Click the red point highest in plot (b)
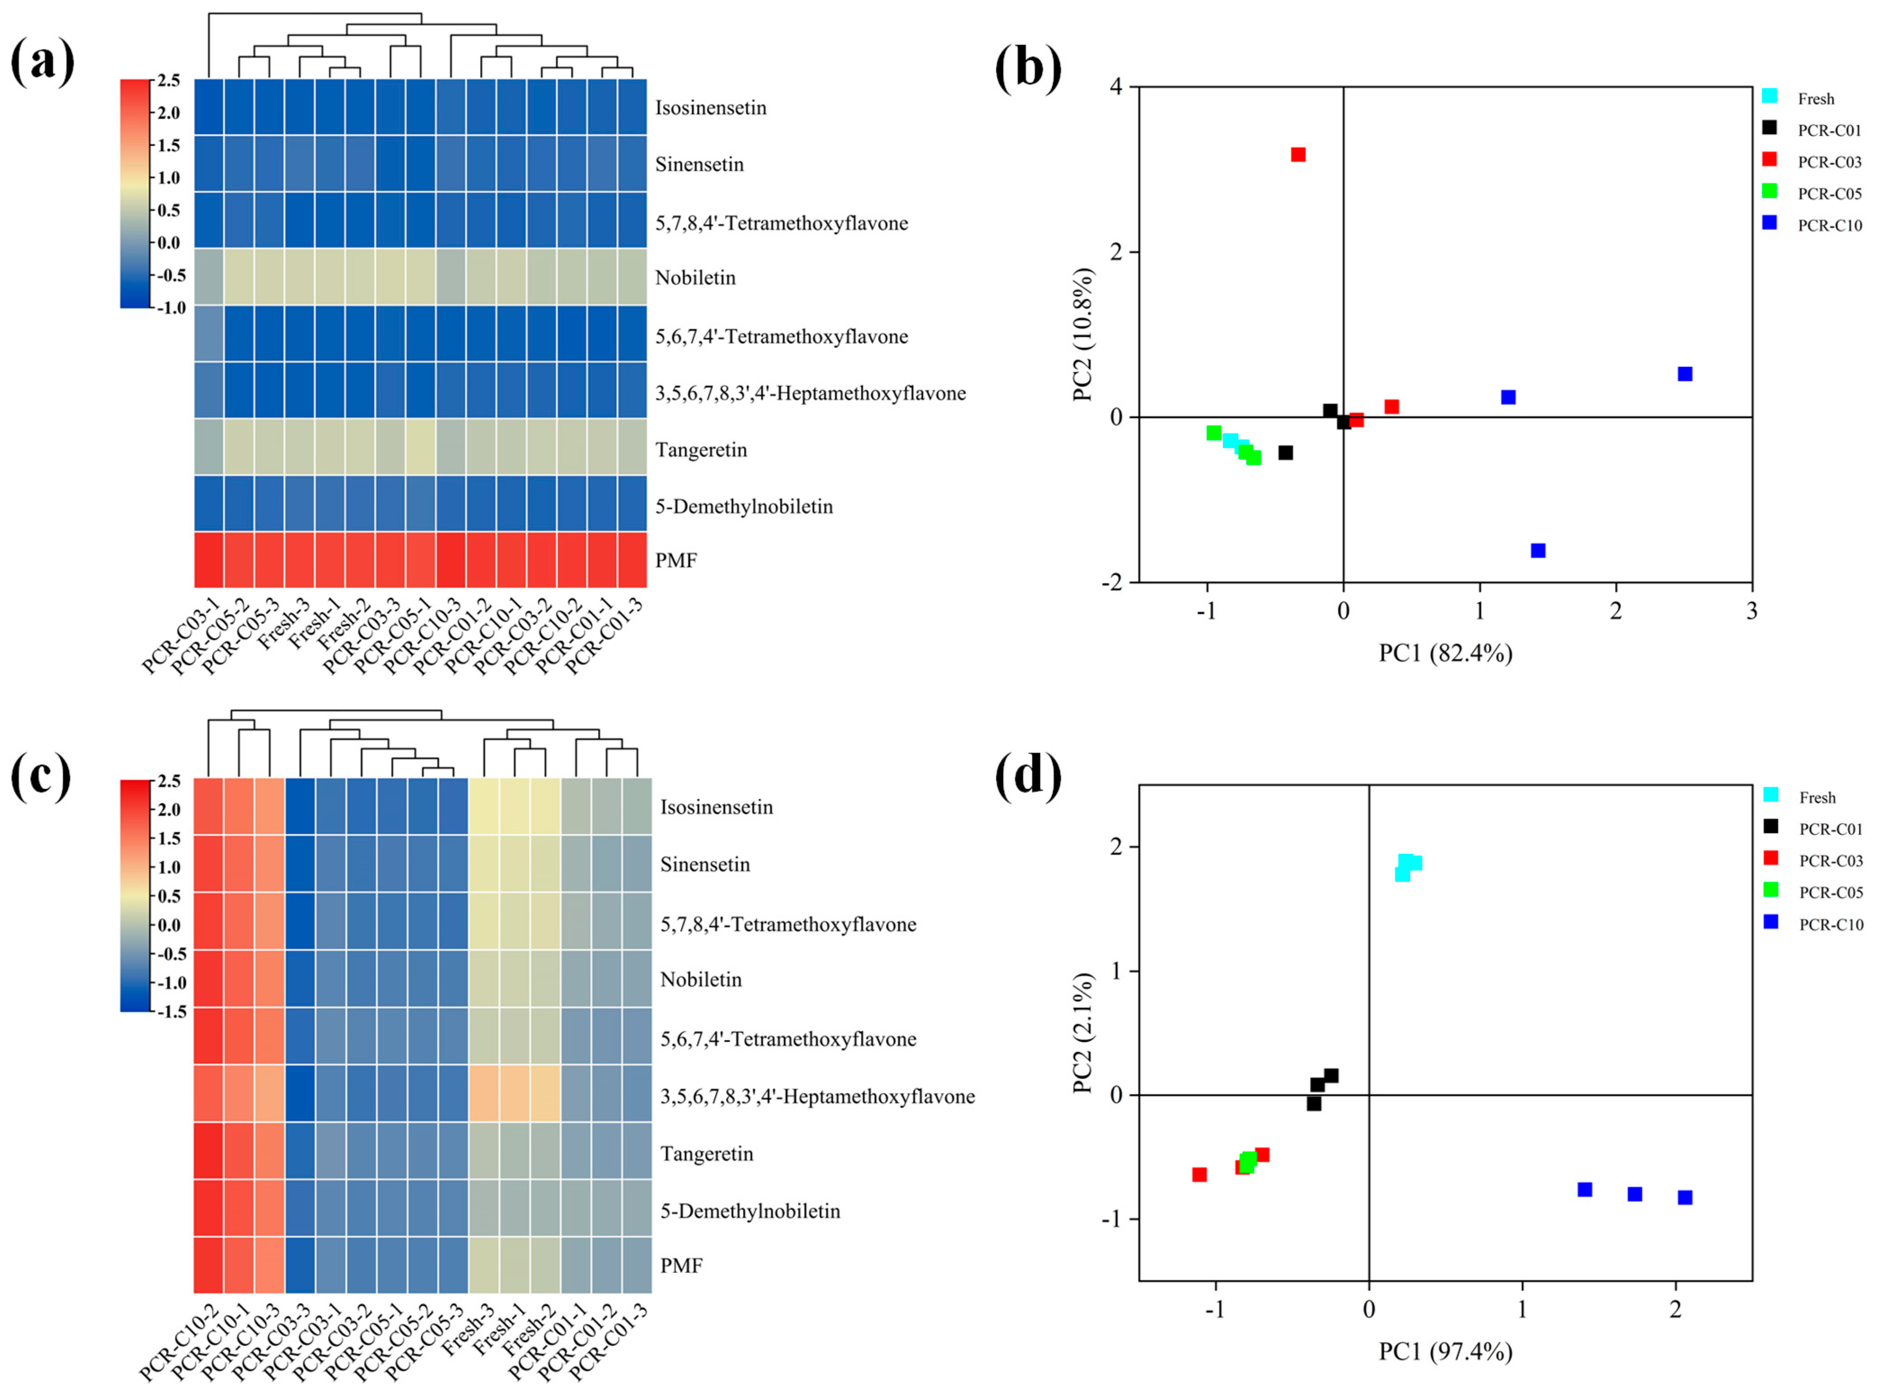tap(1298, 154)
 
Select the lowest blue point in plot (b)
tap(1538, 550)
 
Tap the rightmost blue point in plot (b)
tap(1684, 374)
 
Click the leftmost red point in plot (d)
tap(1199, 1174)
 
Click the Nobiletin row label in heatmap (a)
tap(696, 277)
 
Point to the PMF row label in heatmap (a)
tap(676, 560)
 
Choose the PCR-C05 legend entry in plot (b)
tap(1829, 193)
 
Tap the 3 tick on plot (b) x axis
tap(1752, 610)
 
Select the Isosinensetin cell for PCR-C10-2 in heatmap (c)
tap(209, 806)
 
